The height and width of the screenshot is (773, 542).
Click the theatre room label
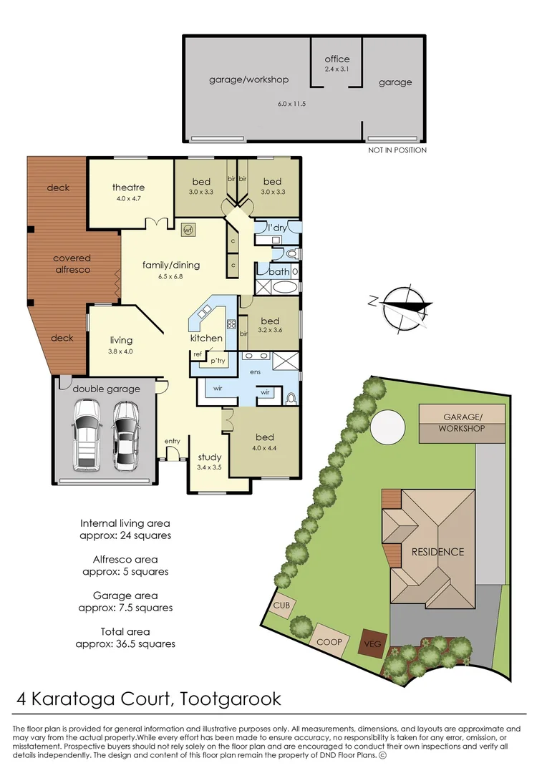point(128,188)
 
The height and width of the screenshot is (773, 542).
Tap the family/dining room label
point(170,265)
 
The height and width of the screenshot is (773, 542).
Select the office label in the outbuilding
point(337,59)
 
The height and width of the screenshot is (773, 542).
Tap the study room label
point(209,457)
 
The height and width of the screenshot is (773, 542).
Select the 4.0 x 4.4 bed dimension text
point(261,449)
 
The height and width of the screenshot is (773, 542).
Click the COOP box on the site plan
point(329,642)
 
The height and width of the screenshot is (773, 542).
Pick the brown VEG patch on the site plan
point(373,643)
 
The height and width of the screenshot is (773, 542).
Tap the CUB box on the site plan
point(281,605)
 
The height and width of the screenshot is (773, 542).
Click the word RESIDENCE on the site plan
point(437,552)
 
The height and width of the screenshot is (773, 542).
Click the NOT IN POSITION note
point(397,150)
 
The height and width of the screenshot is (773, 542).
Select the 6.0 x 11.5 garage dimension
point(291,104)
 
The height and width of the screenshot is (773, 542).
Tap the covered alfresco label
point(72,264)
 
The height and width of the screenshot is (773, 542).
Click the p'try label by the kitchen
point(217,361)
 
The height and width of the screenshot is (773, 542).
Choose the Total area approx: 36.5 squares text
point(125,638)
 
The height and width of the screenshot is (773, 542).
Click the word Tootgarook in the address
point(230,698)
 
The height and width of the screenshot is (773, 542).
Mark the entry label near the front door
point(172,441)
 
